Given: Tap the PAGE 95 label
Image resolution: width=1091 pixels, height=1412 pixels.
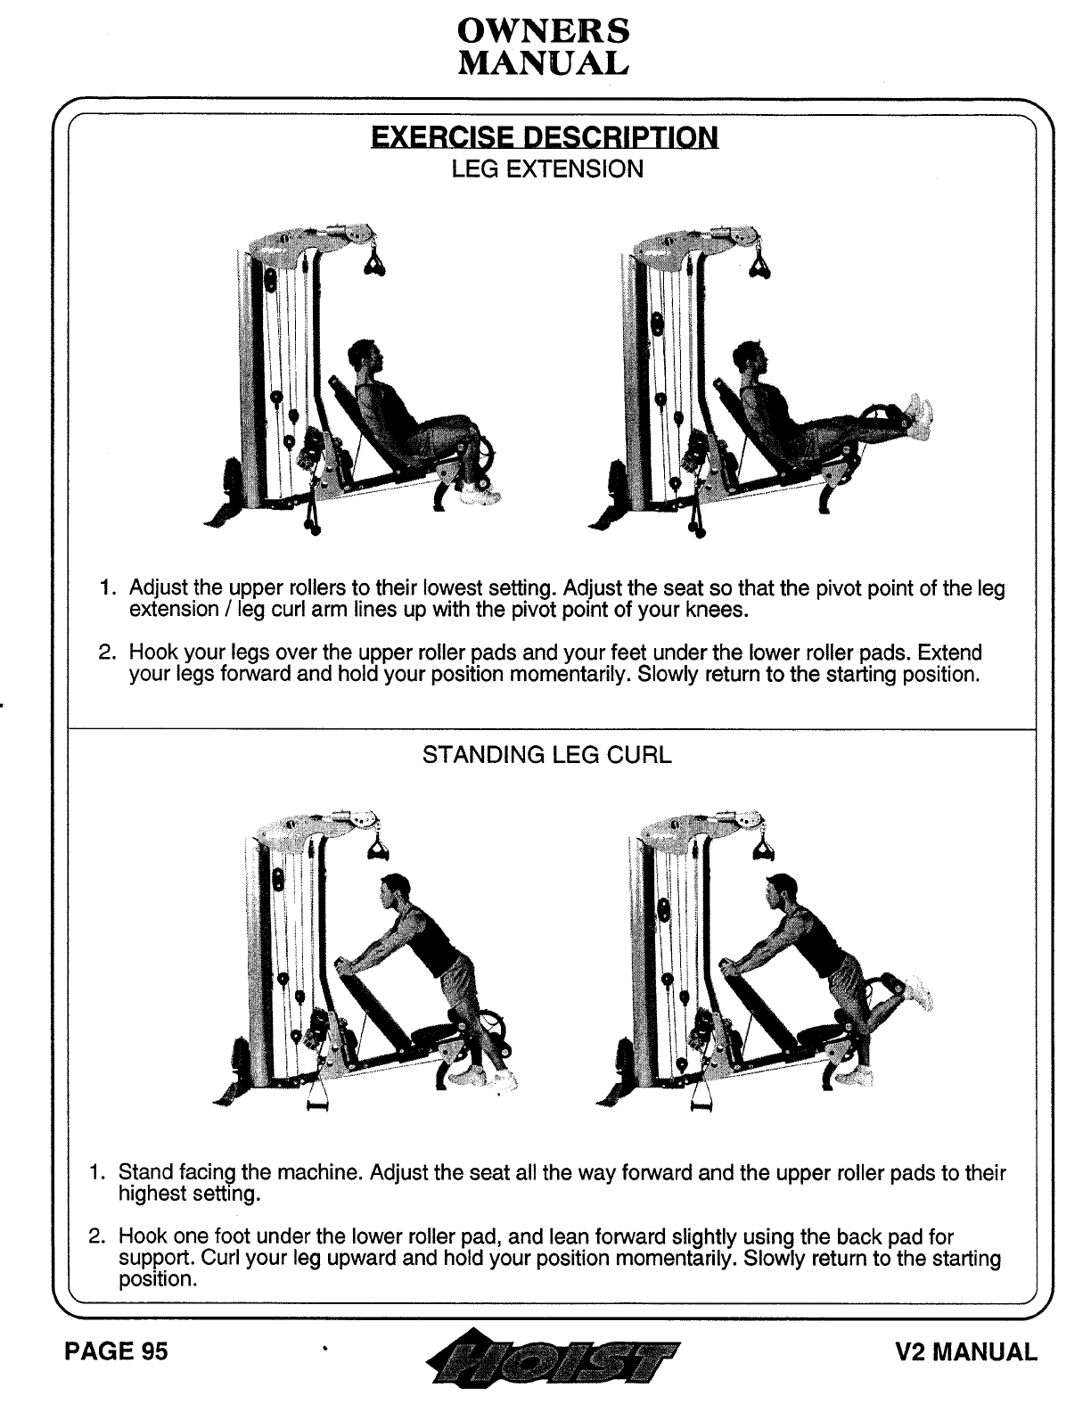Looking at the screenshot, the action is [x=115, y=1352].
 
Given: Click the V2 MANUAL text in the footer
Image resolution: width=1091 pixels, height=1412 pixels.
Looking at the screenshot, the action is [x=966, y=1352].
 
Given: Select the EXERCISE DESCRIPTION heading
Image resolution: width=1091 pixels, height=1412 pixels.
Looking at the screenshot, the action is [x=544, y=137].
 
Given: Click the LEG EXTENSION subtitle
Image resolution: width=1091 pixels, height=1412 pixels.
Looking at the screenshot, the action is [x=546, y=168].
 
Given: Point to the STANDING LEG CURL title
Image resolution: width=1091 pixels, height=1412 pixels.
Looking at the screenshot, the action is [x=546, y=755].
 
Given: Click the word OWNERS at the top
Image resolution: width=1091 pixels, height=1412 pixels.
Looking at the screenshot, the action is [x=543, y=31].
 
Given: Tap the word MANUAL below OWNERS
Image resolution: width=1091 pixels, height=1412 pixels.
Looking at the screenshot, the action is [x=543, y=62].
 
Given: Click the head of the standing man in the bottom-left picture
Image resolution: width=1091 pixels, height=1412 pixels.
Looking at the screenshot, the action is [x=390, y=891].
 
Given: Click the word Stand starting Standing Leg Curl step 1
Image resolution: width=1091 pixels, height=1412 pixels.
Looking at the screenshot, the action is [x=144, y=1172].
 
